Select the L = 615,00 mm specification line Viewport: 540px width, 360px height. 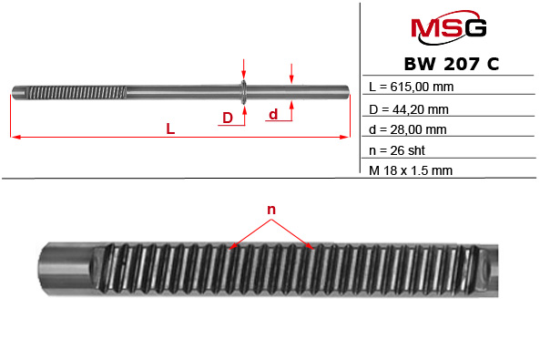[x=412, y=87]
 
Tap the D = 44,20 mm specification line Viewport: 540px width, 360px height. [x=409, y=108]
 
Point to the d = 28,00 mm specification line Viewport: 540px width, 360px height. [x=409, y=129]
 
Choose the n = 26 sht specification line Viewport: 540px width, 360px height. [x=400, y=150]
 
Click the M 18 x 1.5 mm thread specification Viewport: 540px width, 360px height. [x=412, y=170]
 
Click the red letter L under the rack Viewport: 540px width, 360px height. [x=170, y=129]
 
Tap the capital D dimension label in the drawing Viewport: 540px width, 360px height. [x=228, y=117]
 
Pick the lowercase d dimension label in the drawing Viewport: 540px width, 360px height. [x=272, y=114]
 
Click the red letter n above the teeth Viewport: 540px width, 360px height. [x=270, y=211]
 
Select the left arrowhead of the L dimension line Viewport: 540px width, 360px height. [x=15, y=138]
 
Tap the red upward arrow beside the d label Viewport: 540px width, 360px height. [x=291, y=108]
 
